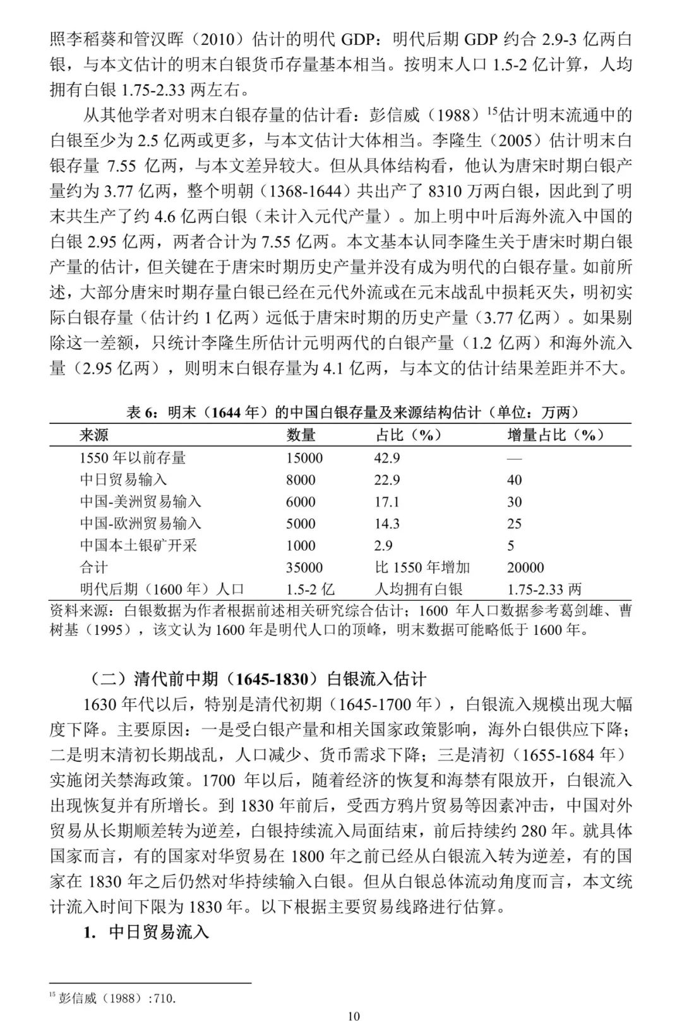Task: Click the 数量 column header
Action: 301,435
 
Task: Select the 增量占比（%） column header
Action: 556,435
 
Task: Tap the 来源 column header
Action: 94,435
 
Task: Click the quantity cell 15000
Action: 304,457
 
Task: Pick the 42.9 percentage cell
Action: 387,457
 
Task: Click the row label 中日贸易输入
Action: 123,479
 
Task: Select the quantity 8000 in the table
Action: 301,479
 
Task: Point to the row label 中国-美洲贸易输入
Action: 140,502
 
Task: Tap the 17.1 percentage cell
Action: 387,502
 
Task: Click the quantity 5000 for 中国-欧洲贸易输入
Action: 301,523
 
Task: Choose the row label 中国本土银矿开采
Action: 138,545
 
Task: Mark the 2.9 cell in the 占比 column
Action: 383,545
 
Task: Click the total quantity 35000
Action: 304,567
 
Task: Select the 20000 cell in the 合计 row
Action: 525,567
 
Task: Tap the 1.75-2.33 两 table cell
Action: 544,589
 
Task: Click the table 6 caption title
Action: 353,412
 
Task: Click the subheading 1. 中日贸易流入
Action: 147,932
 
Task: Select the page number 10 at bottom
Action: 354,1016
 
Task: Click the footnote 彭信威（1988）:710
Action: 113,998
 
